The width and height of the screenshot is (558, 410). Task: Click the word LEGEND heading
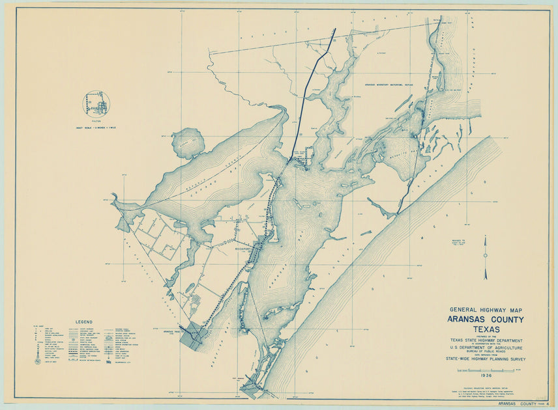coord(83,321)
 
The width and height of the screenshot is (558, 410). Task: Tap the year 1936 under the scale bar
coord(486,376)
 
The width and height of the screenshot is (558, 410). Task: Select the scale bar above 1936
coord(486,370)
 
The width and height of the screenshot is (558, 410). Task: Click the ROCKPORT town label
coord(242,248)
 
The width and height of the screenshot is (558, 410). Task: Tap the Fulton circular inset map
coord(96,104)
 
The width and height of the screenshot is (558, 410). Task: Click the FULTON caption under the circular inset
coord(96,121)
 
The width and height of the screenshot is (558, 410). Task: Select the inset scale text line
coord(96,126)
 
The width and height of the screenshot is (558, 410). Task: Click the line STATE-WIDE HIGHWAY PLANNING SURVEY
coord(486,359)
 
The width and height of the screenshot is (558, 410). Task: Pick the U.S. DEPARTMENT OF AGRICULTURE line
coord(486,348)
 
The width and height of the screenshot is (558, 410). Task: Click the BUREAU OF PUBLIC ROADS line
coord(486,352)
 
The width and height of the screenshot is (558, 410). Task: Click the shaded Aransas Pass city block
coord(192,335)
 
